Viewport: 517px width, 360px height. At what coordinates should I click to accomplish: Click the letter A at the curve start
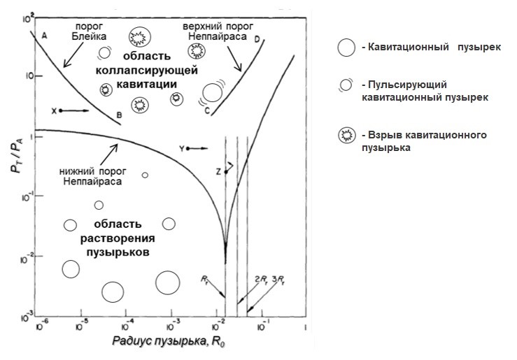[44, 35]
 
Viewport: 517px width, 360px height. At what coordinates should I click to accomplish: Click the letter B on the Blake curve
[120, 114]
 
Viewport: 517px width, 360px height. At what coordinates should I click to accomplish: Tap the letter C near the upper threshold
[207, 110]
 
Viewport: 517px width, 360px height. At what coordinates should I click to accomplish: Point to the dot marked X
[62, 110]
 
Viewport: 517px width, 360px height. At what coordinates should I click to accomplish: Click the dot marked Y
[189, 149]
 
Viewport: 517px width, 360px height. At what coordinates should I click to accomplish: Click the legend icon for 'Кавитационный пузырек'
[346, 48]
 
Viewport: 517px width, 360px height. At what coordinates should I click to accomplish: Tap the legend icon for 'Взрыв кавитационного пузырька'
[346, 136]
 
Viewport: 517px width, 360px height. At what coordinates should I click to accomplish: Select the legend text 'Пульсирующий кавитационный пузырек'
[423, 92]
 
